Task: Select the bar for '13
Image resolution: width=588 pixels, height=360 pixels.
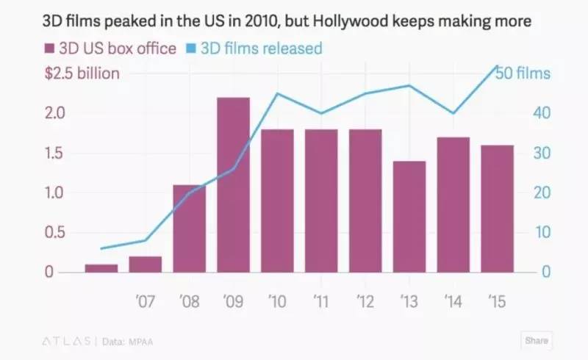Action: click(409, 217)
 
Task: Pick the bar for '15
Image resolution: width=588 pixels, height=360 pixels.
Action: click(497, 209)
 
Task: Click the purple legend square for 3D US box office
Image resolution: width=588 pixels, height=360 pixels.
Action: click(49, 50)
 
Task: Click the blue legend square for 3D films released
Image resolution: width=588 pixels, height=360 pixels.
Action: click(190, 50)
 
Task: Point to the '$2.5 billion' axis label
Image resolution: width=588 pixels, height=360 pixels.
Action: click(82, 74)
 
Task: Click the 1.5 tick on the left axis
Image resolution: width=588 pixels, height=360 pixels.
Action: click(55, 154)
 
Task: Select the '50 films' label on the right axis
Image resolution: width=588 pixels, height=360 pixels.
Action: click(522, 74)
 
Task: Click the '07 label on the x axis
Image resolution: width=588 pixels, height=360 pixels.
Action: click(145, 301)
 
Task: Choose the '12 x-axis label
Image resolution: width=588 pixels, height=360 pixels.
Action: click(365, 301)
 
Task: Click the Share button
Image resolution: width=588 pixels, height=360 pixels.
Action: click(537, 341)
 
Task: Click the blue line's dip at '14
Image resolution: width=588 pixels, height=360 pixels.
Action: click(453, 113)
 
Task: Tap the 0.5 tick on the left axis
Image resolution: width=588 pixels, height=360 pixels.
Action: click(55, 233)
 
